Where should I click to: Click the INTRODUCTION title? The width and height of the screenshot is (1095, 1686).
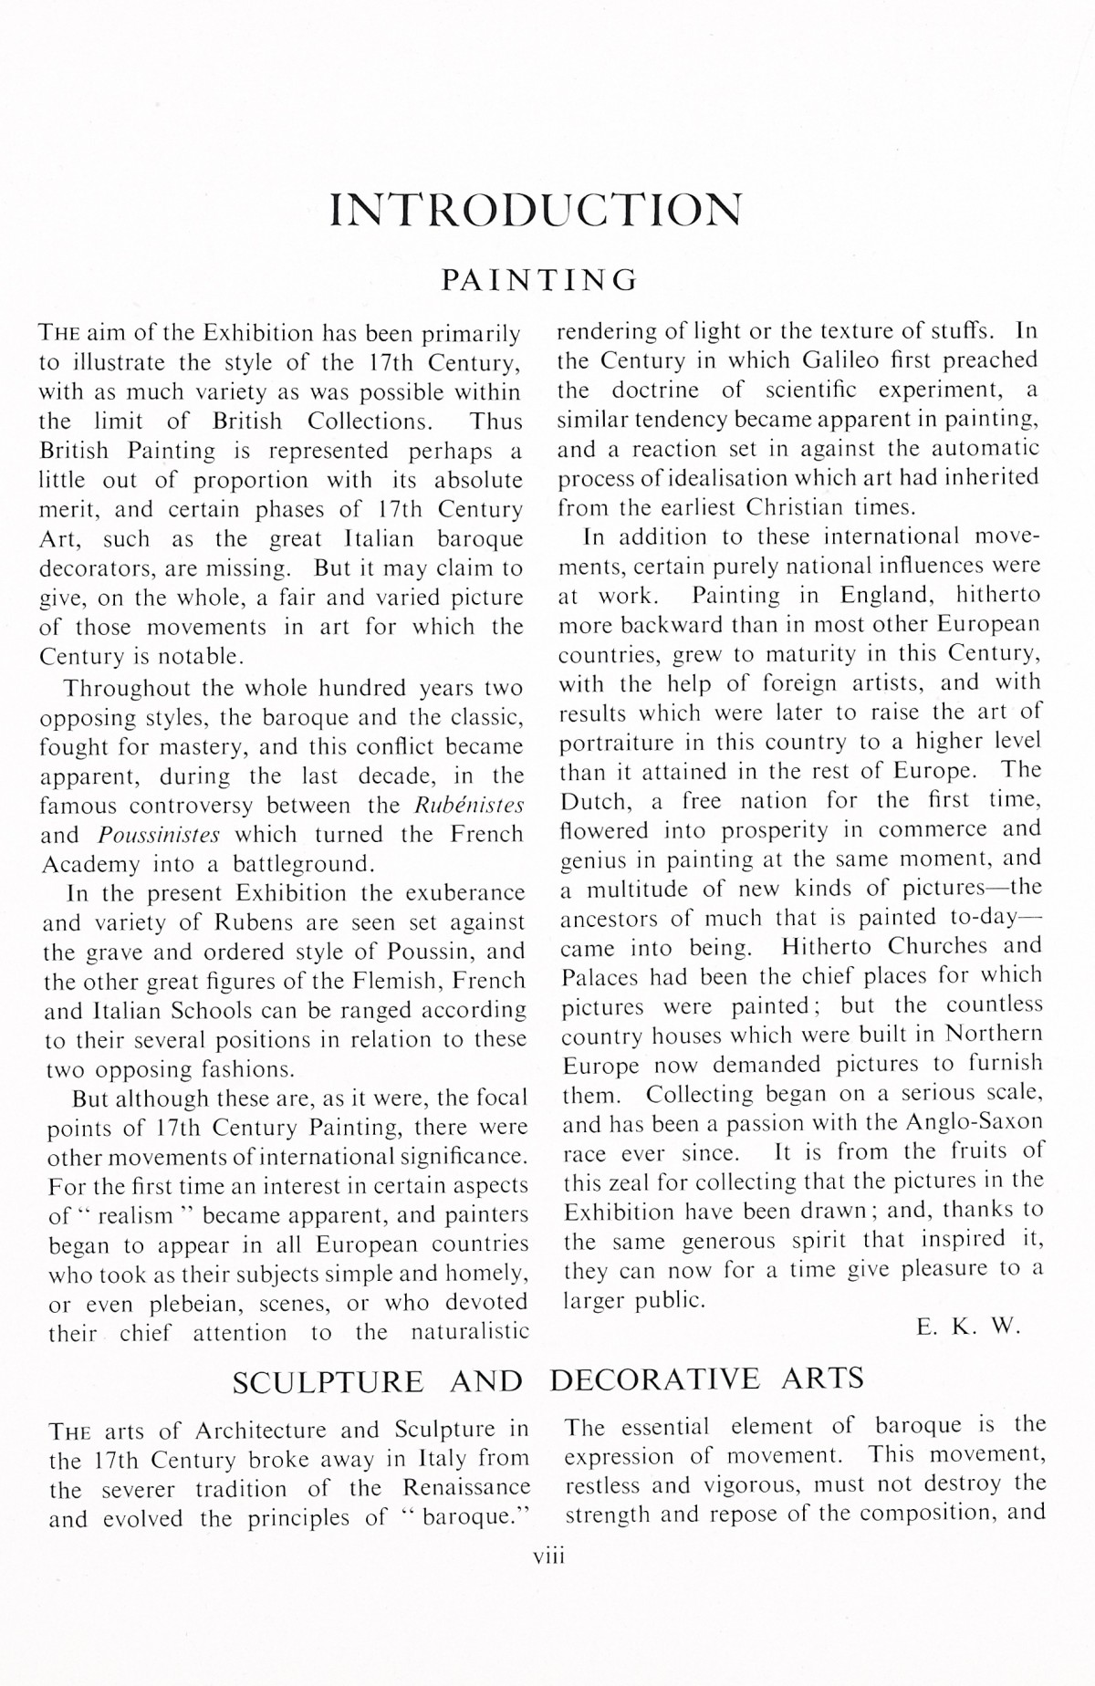pyautogui.click(x=535, y=210)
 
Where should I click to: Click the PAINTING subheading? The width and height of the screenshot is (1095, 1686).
pyautogui.click(x=540, y=279)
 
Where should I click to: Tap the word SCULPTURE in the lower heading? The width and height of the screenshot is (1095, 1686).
pyautogui.click(x=328, y=1382)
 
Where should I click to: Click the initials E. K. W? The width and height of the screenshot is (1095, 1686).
pyautogui.click(x=969, y=1327)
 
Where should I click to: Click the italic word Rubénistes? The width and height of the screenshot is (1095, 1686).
pyautogui.click(x=469, y=805)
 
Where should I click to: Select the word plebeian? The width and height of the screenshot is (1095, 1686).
pyautogui.click(x=196, y=1304)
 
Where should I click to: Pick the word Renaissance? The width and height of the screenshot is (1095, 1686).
pyautogui.click(x=466, y=1489)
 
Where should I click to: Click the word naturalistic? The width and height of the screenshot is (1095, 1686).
pyautogui.click(x=469, y=1333)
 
